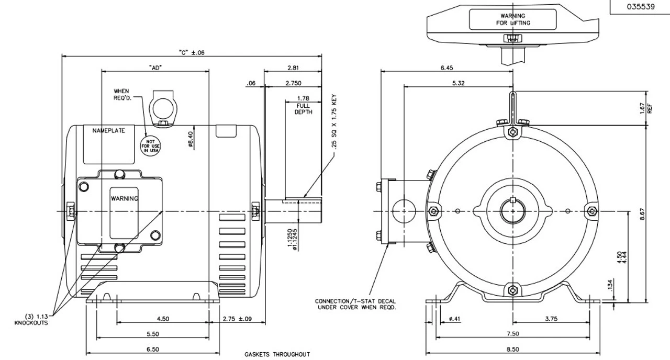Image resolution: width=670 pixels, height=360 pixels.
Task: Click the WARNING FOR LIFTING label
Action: tap(512, 20)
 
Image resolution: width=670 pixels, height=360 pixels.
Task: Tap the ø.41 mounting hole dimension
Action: tap(454, 318)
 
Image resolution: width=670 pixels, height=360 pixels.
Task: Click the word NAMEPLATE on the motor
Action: tap(109, 131)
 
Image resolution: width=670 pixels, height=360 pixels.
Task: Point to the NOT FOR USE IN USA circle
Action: tap(150, 144)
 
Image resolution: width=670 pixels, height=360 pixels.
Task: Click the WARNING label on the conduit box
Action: tap(124, 198)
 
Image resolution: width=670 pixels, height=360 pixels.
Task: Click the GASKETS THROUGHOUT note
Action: tap(277, 354)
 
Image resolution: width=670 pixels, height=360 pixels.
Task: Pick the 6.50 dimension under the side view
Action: tap(153, 348)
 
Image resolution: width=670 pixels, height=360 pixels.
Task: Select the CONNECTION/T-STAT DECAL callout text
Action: tap(355, 304)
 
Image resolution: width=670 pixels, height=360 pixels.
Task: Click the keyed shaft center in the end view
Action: tap(512, 211)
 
